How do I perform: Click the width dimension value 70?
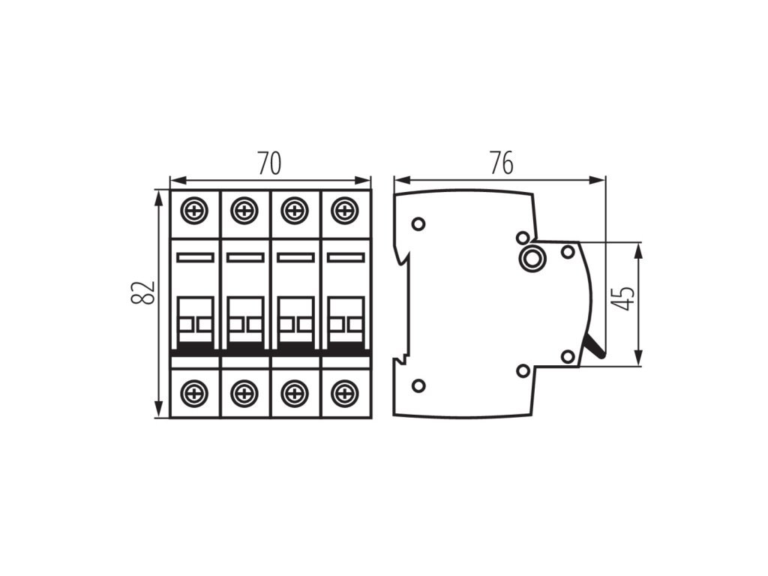click(269, 163)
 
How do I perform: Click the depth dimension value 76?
click(501, 163)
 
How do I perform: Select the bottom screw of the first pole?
click(195, 391)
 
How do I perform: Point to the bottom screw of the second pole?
click(244, 391)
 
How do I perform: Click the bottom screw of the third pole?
click(295, 391)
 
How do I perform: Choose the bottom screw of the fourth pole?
click(344, 391)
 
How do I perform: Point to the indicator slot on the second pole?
click(244, 257)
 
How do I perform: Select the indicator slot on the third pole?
click(295, 257)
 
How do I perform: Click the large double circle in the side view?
click(532, 259)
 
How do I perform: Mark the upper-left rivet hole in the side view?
click(418, 223)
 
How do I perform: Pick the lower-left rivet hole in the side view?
click(418, 385)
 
